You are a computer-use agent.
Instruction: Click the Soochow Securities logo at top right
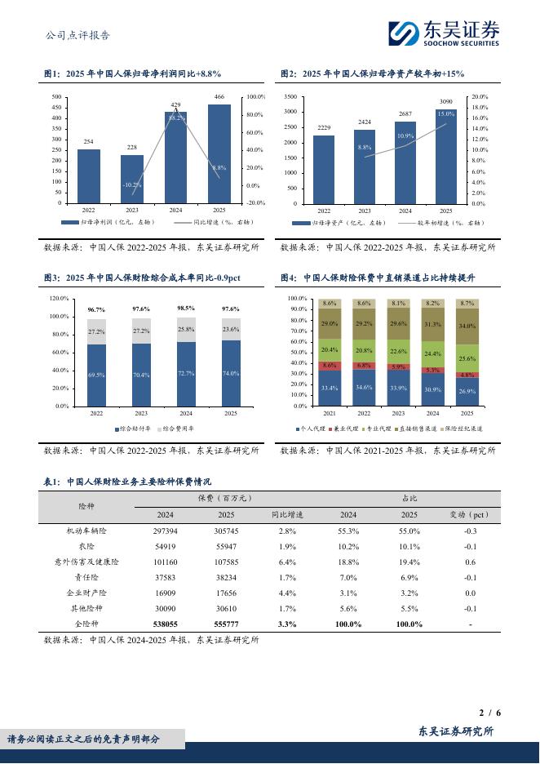click(443, 33)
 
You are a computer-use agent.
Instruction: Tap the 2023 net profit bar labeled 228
click(132, 179)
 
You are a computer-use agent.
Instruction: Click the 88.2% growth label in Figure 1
click(176, 118)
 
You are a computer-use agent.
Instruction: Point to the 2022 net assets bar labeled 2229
click(324, 169)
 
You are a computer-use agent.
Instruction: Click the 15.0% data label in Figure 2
click(445, 114)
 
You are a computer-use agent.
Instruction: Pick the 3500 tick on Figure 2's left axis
click(290, 97)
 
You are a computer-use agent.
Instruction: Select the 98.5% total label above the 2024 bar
click(186, 309)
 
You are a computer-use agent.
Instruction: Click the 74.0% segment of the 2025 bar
click(231, 373)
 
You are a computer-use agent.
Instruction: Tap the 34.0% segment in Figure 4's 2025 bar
click(467, 326)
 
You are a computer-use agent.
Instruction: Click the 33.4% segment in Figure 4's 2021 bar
click(330, 388)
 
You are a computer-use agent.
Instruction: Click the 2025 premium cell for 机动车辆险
click(226, 531)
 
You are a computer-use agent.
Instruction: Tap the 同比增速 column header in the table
click(287, 515)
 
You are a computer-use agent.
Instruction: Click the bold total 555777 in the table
click(226, 624)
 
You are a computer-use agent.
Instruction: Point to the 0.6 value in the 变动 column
click(470, 562)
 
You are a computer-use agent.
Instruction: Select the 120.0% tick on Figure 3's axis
click(59, 299)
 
